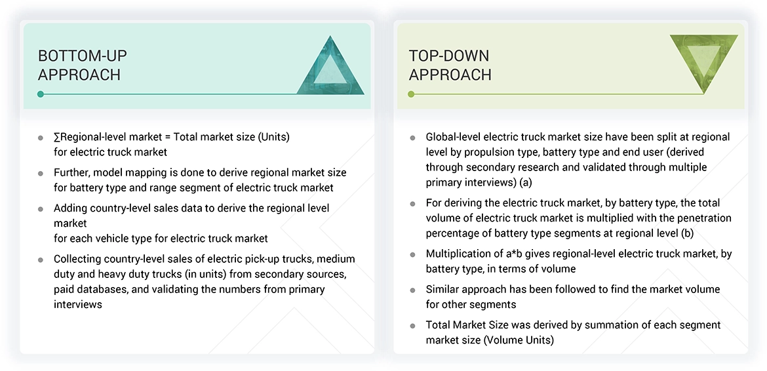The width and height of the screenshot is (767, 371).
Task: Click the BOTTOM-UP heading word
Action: [82, 56]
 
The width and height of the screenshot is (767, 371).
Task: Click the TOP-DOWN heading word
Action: [449, 56]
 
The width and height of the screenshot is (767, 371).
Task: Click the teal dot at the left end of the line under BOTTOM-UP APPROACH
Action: [41, 94]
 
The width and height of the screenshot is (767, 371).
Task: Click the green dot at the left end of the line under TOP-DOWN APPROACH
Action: [411, 94]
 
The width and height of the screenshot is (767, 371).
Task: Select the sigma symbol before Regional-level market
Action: [57, 137]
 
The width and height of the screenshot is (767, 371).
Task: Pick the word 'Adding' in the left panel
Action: [71, 208]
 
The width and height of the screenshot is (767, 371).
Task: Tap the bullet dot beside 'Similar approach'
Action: [412, 290]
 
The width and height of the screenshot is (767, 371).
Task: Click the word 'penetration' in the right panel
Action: [704, 218]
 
